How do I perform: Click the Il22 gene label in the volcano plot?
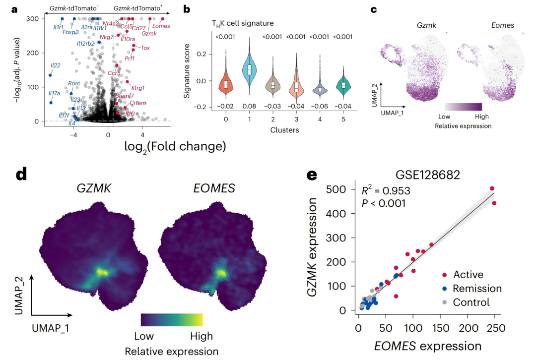point(56,65)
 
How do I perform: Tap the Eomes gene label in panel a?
point(161,26)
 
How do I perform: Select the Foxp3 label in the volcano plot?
point(70,32)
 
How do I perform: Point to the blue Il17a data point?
point(51,103)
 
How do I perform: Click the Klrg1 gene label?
point(138,88)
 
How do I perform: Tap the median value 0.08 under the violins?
point(249,106)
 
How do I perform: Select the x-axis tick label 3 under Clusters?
point(296,119)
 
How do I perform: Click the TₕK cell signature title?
point(243,24)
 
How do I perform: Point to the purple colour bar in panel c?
point(463,107)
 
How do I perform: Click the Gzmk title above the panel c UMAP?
point(426,25)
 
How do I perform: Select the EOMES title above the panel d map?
point(214,188)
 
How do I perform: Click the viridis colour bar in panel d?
point(172,320)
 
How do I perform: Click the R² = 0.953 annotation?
point(386,190)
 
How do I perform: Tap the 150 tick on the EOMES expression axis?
point(441,328)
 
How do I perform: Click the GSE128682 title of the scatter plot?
point(428,175)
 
